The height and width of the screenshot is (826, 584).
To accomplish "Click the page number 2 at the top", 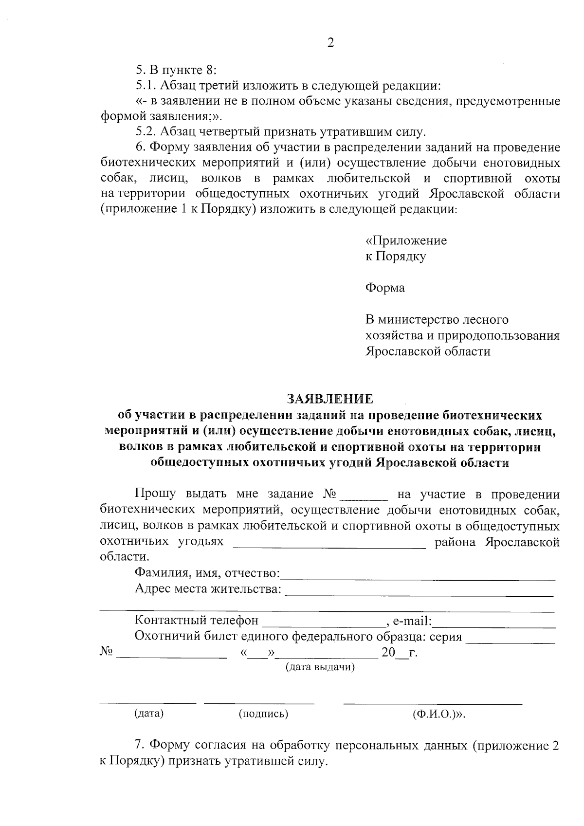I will [x=331, y=43].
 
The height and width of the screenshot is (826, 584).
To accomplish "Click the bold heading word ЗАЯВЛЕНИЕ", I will [x=330, y=400].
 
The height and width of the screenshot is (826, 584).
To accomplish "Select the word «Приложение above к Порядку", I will [x=406, y=241].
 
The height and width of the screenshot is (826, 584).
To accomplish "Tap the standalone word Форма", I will [x=385, y=288].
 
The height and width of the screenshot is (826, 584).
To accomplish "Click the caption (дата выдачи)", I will [x=320, y=667].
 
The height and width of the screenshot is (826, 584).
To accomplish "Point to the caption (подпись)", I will [x=263, y=714].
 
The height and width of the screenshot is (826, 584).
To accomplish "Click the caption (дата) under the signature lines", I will [x=148, y=714].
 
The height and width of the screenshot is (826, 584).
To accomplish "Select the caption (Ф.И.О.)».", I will [x=439, y=714].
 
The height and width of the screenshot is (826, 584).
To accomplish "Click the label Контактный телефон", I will [x=196, y=621].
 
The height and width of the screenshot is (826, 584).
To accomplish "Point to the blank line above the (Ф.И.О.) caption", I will [x=432, y=703].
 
